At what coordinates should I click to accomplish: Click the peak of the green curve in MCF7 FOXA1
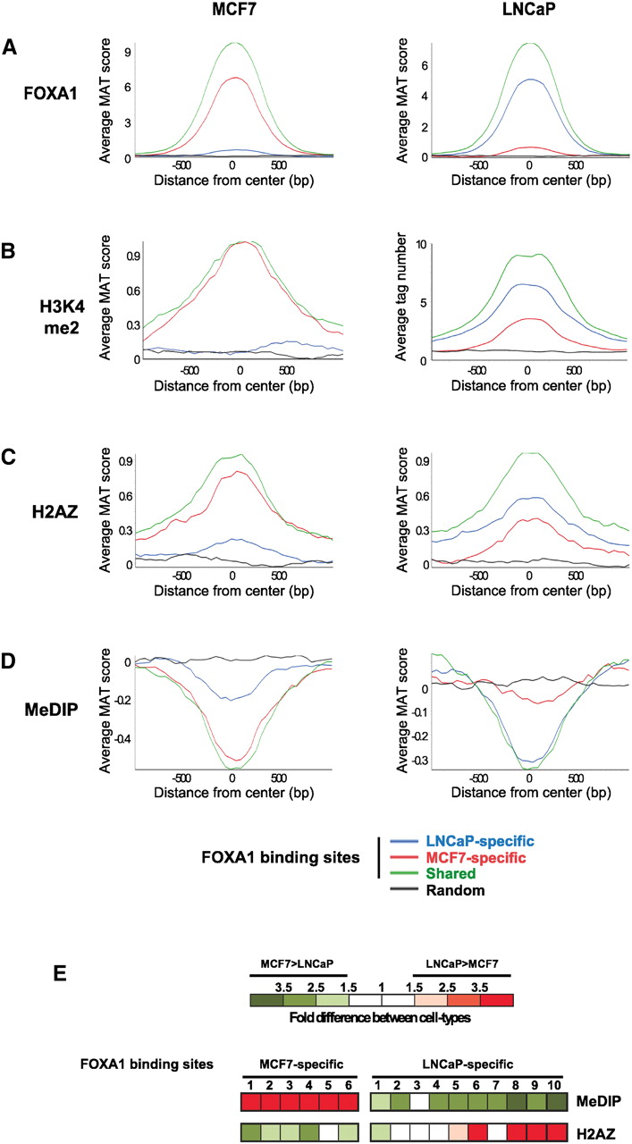tap(233, 43)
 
